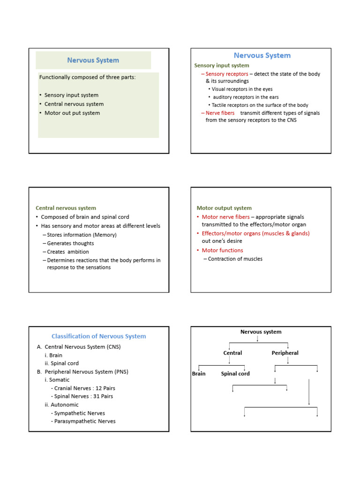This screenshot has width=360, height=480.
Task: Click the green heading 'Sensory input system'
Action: tap(222, 65)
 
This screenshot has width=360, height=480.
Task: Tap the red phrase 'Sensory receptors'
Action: tap(227, 74)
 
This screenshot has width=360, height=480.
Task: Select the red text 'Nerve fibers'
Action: tap(220, 113)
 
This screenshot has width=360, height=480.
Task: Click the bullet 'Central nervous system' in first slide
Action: tap(74, 104)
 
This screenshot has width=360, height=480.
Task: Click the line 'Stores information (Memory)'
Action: tap(82, 235)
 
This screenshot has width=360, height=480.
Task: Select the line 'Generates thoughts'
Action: tap(70, 243)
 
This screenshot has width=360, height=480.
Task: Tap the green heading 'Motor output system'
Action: tap(224, 208)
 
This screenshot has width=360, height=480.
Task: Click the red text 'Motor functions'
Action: tap(222, 250)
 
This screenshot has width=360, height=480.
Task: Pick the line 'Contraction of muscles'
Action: tap(235, 259)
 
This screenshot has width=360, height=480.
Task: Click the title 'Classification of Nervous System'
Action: tap(98, 336)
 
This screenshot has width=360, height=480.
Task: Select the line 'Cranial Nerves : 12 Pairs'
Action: tap(84, 388)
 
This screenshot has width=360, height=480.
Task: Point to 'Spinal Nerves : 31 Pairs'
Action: tap(83, 396)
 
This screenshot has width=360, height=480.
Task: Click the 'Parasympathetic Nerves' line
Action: tap(84, 421)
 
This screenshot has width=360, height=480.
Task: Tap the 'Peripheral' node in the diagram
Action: tap(285, 353)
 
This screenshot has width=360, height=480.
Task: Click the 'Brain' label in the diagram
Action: tap(199, 374)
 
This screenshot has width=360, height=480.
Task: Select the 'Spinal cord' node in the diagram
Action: tap(235, 374)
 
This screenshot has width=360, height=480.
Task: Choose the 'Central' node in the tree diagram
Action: tap(232, 353)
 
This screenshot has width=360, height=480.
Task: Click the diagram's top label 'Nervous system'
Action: tap(261, 332)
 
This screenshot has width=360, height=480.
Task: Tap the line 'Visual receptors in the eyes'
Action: tap(242, 89)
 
